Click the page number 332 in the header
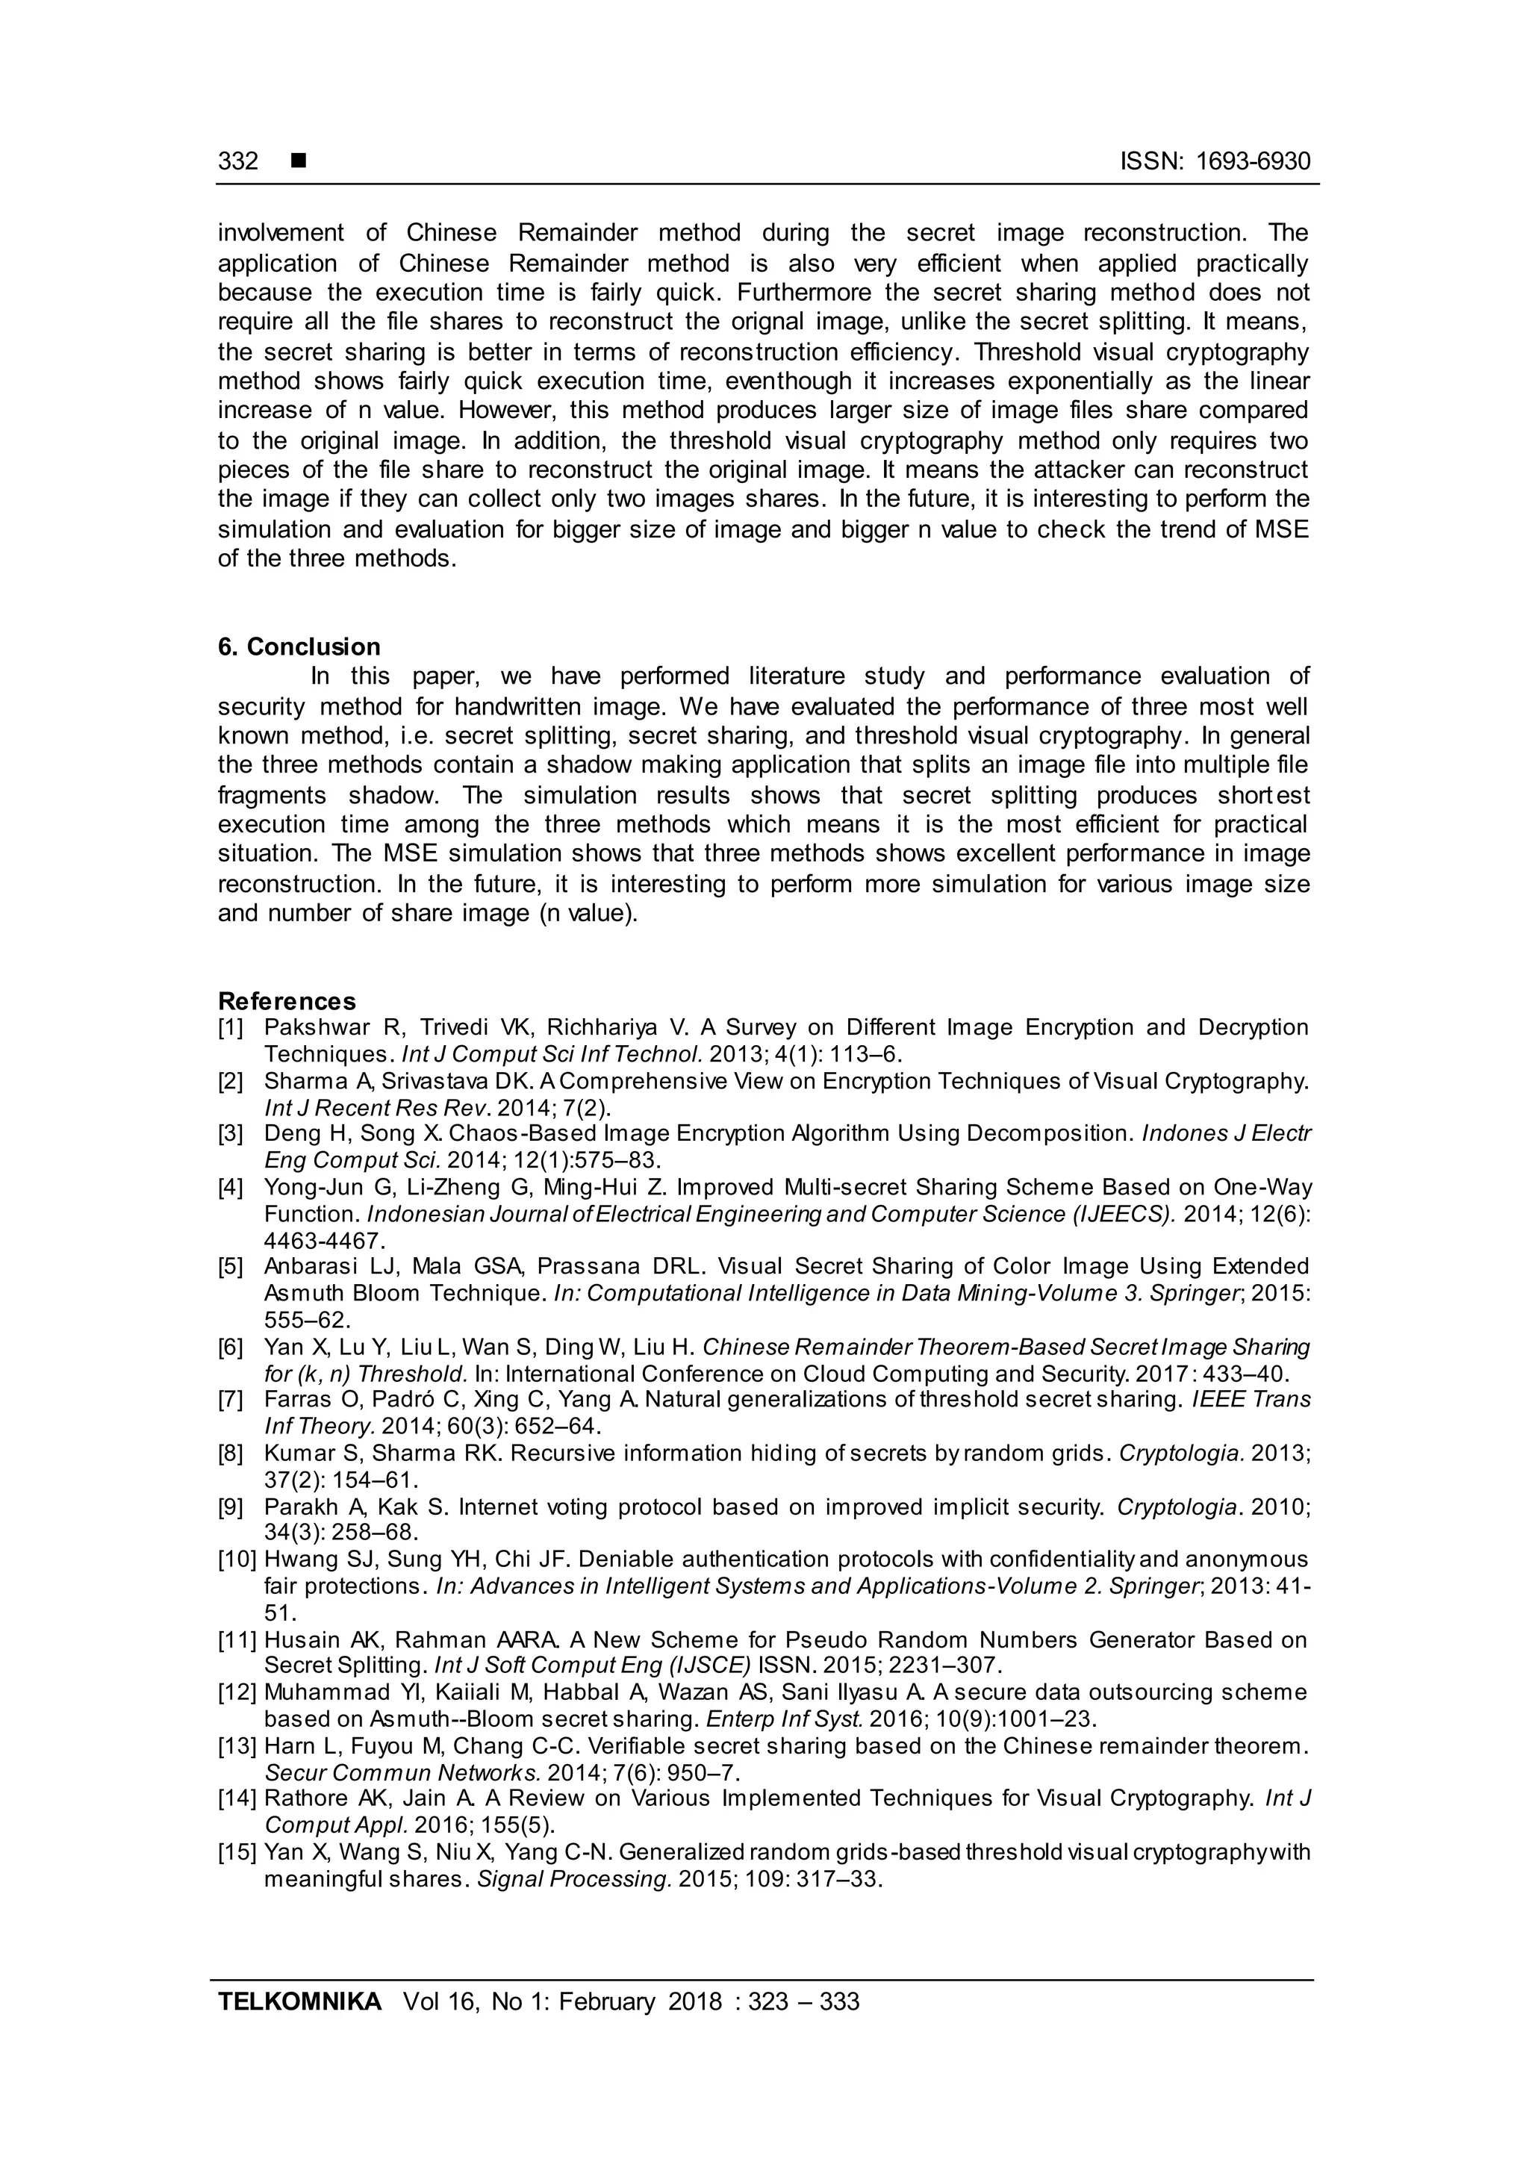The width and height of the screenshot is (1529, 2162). (238, 161)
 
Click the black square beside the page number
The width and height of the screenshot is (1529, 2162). (299, 161)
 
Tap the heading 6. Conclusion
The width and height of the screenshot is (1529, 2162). (299, 647)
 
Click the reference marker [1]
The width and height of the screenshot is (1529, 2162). (231, 1027)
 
